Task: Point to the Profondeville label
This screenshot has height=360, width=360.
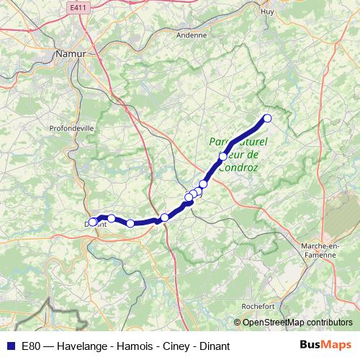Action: point(71,130)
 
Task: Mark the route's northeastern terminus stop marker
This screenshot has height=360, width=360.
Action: point(267,119)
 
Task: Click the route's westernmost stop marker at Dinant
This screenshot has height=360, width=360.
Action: point(93,222)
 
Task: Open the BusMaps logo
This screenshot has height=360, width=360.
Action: point(326,346)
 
